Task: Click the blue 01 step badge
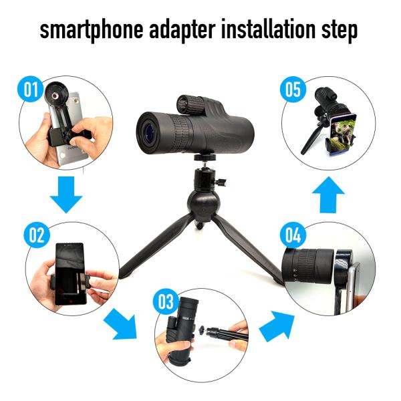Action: click(29, 90)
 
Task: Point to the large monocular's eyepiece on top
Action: click(196, 102)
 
